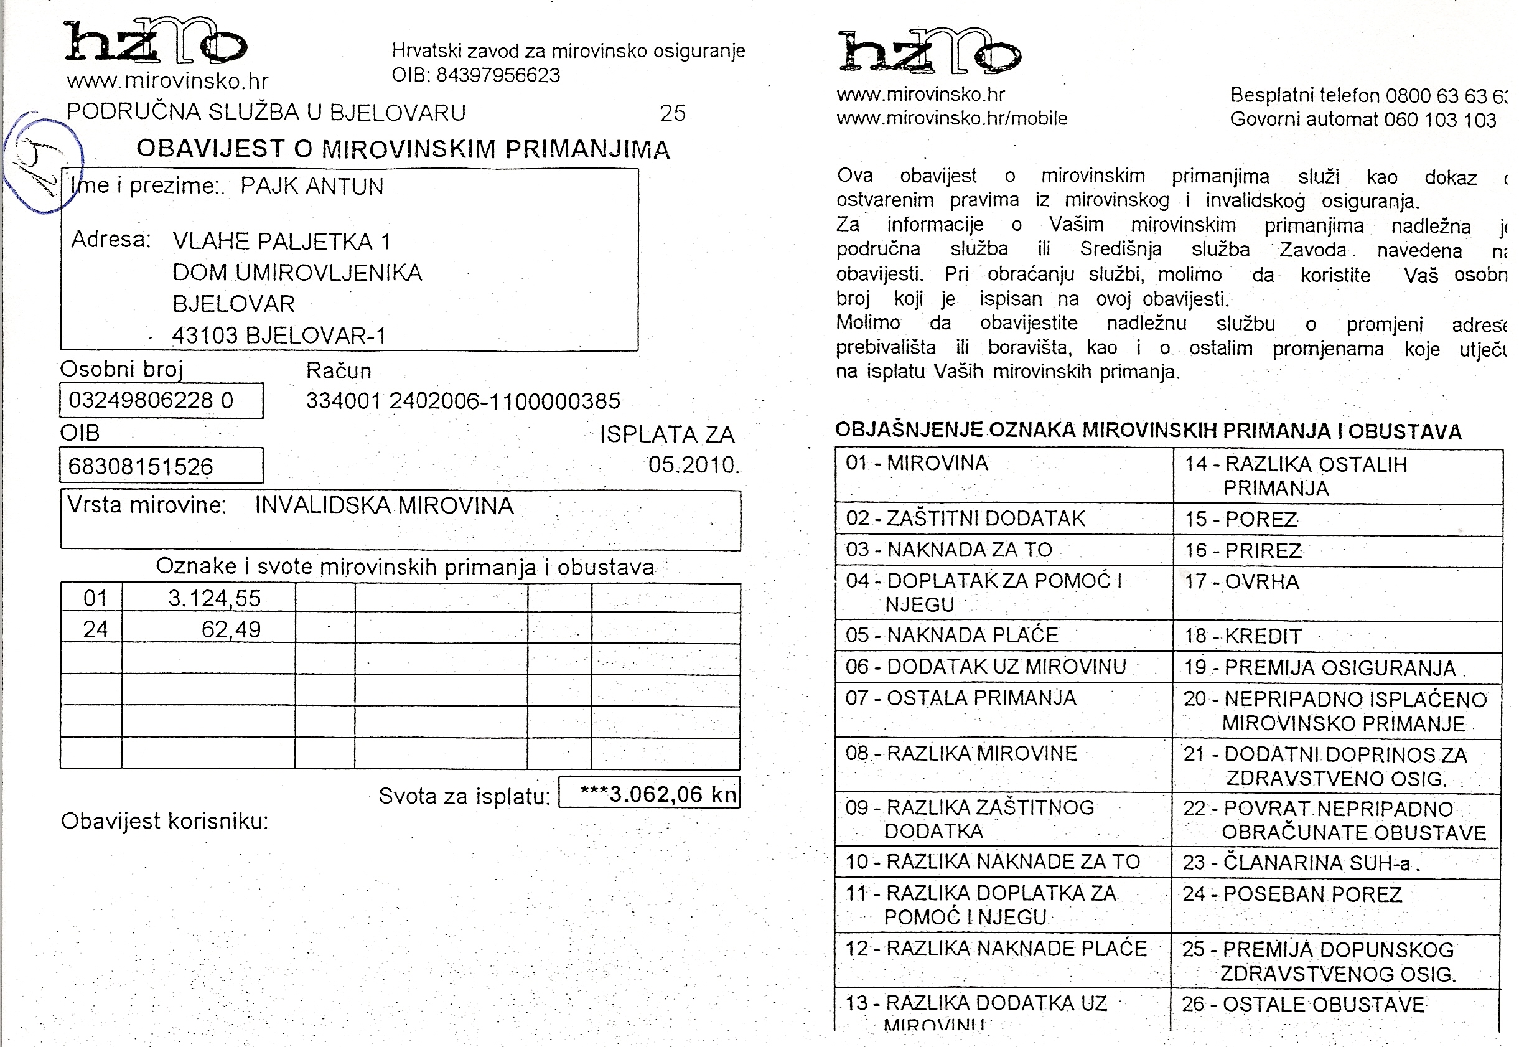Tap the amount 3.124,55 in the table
[x=215, y=598]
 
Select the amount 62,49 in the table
[x=231, y=630]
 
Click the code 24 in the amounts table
[x=95, y=630]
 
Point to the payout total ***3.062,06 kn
[x=658, y=794]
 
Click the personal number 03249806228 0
[x=151, y=400]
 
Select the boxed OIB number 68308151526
[x=141, y=466]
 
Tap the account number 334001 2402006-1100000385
[x=463, y=401]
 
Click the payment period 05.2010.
[x=693, y=464]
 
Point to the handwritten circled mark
[x=43, y=164]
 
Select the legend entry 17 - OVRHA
[x=1241, y=582]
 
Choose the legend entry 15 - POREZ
[x=1240, y=520]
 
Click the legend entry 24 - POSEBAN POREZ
[x=1292, y=894]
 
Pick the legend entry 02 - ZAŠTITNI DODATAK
[x=965, y=519]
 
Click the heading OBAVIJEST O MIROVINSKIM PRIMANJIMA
[x=403, y=149]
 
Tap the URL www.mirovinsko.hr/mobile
[x=951, y=119]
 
